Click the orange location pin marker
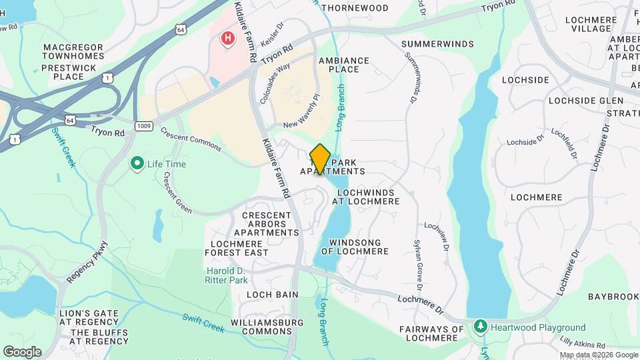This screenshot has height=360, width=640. (x=321, y=159)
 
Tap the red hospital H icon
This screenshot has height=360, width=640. (x=228, y=39)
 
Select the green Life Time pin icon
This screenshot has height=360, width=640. (x=137, y=163)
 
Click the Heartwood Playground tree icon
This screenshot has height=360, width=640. (x=480, y=327)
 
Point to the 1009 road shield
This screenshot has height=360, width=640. (x=143, y=125)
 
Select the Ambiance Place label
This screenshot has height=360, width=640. (x=343, y=65)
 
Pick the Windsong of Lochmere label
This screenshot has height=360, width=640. (x=355, y=247)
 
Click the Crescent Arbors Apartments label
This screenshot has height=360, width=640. (x=271, y=224)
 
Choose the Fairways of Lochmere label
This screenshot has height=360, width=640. (x=431, y=333)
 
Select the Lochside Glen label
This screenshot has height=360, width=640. (x=585, y=101)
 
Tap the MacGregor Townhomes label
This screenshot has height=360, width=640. (x=73, y=52)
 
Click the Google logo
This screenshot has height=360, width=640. (x=21, y=352)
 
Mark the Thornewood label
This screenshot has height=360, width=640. (x=355, y=8)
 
